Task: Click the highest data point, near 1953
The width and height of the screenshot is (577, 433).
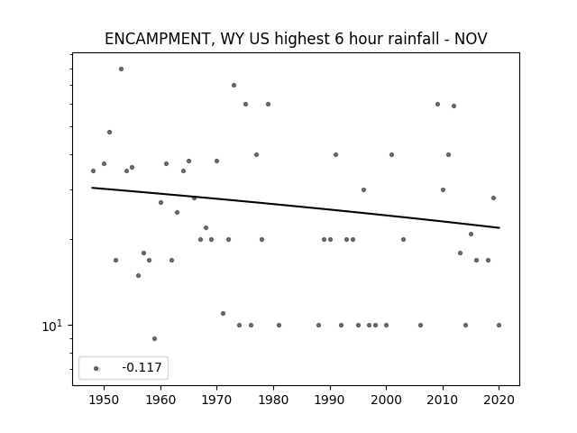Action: (121, 69)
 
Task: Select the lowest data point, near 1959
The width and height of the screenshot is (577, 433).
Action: (154, 339)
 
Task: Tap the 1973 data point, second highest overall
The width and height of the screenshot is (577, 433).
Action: (234, 86)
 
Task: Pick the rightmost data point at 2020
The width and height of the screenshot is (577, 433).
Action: (499, 325)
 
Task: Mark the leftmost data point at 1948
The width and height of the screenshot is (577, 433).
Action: (93, 170)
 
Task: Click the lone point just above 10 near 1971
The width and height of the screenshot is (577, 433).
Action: (223, 313)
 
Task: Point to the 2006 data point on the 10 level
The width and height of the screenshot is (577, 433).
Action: (421, 325)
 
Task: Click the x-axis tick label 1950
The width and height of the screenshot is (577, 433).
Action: (105, 400)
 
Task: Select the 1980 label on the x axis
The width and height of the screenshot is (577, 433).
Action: (273, 400)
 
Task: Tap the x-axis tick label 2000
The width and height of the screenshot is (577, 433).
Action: (387, 400)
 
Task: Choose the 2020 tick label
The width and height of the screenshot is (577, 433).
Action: (499, 400)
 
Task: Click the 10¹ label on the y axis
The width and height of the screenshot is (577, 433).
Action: (52, 326)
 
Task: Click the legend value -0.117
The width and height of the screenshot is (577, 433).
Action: (142, 367)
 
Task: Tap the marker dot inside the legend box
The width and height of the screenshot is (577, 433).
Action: (96, 368)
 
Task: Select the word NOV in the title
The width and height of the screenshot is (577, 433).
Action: (471, 39)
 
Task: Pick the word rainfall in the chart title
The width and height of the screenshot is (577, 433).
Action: (413, 39)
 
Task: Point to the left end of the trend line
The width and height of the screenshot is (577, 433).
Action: (92, 188)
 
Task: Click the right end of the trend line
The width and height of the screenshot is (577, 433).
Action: (499, 228)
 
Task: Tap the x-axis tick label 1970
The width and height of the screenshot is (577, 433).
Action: (216, 400)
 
